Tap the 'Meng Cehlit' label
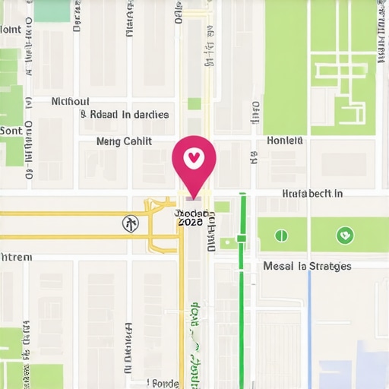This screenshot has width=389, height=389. [x=125, y=141]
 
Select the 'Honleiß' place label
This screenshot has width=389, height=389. [x=285, y=141]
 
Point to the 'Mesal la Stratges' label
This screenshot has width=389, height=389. [x=307, y=266]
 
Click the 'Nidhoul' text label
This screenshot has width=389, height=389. [x=70, y=101]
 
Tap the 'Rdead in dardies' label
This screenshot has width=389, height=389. [x=125, y=115]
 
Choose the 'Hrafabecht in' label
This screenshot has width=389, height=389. [x=312, y=194]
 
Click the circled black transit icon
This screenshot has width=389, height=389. [x=131, y=223]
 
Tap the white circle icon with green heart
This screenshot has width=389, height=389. [x=345, y=235]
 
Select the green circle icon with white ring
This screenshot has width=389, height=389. [x=281, y=235]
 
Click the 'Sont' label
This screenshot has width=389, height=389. [x=11, y=131]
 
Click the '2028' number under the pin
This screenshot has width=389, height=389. [x=190, y=223]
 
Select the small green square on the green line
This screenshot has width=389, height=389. [x=241, y=239]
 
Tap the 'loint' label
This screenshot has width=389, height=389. [x=11, y=30]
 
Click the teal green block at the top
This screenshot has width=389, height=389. [x=52, y=10]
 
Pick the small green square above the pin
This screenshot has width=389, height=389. [x=194, y=103]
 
